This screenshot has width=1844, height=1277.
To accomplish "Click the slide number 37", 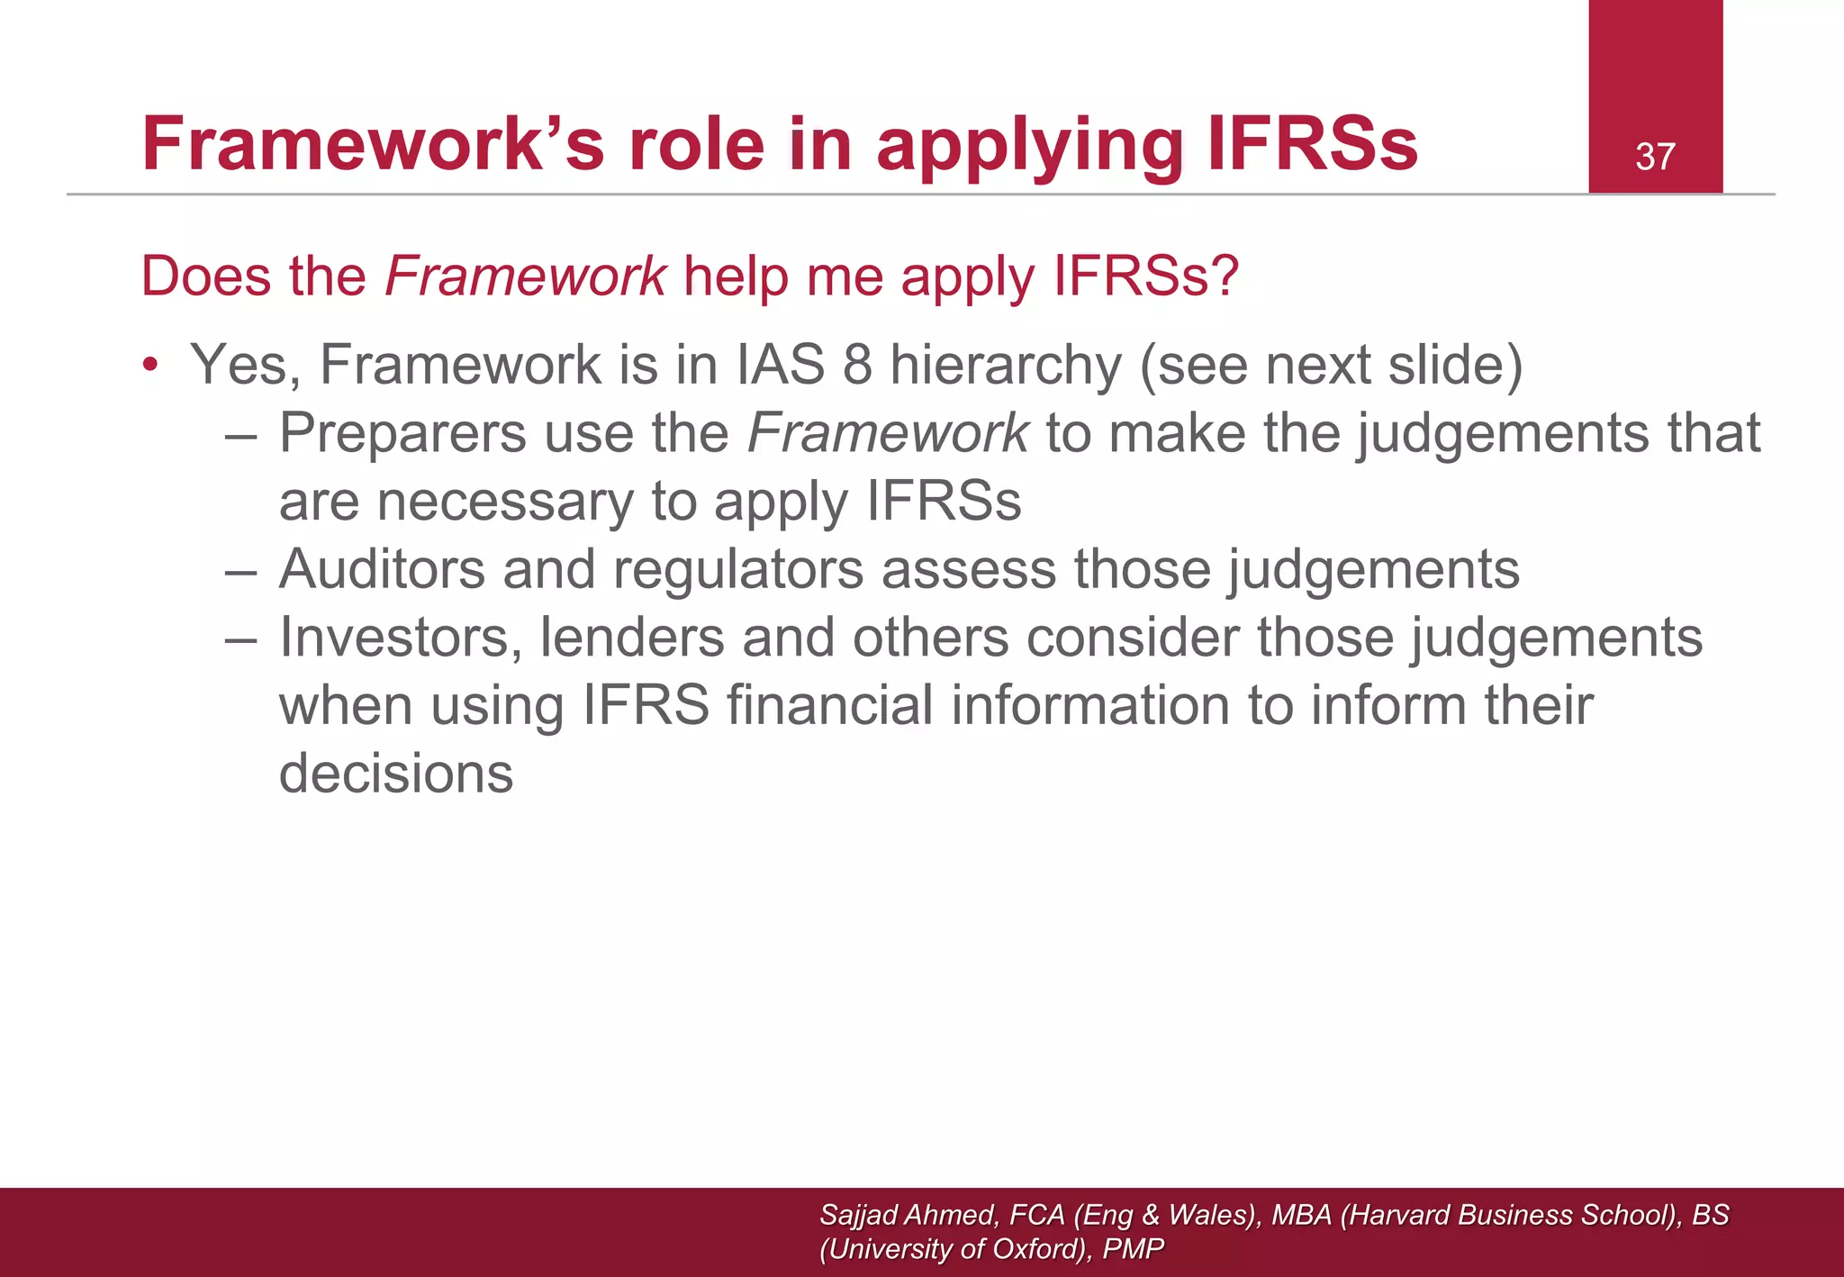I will point(1655,157).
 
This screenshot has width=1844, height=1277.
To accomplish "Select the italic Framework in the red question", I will point(525,276).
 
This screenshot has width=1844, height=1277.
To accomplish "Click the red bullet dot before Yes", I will point(150,365).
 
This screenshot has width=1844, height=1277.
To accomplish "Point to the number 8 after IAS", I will point(857,365).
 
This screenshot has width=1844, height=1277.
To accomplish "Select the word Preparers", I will point(402,433).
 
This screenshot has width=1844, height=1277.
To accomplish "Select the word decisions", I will point(396,774).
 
